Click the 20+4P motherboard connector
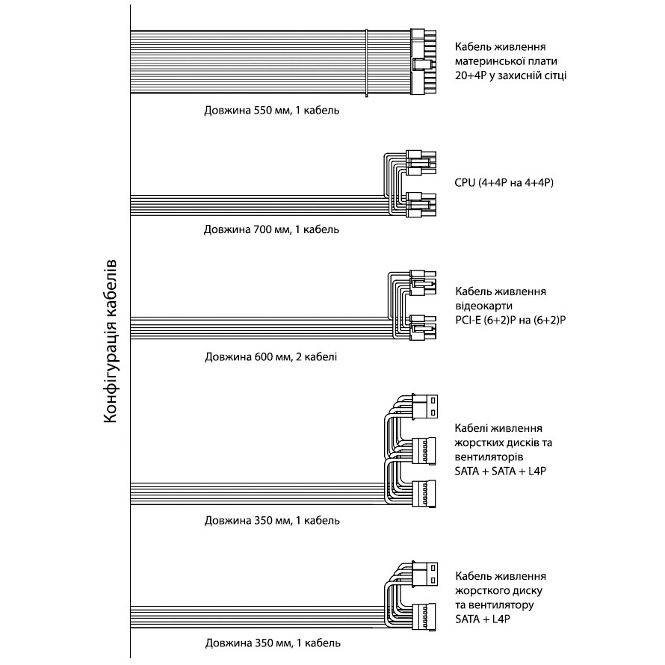423,62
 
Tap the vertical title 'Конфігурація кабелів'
110,341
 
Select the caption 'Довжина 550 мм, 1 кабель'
272,111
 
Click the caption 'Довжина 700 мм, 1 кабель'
271,229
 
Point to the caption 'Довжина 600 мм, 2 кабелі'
271,356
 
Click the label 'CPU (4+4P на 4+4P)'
504,183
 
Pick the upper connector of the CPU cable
421,162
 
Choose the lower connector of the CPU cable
421,205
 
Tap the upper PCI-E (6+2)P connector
423,283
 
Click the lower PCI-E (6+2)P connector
423,327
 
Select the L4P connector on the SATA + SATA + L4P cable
424,406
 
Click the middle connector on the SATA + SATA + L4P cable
424,451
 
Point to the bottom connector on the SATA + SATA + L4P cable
424,494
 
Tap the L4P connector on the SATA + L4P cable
424,575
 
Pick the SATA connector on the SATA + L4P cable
424,617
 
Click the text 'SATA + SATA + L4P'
500,471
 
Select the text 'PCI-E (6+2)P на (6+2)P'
510,321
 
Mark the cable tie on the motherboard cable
366,63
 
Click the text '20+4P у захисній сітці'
510,75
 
